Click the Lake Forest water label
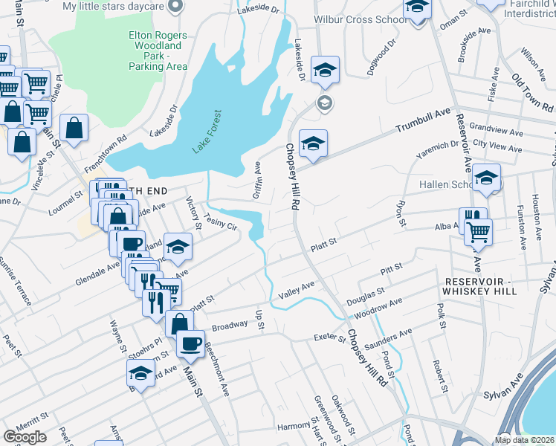click(208, 132)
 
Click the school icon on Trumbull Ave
click(313, 143)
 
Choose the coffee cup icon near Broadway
click(190, 343)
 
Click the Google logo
click(25, 436)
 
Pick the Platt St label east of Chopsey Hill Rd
click(323, 242)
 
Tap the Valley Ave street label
click(297, 291)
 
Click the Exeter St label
click(330, 338)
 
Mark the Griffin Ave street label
click(258, 178)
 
